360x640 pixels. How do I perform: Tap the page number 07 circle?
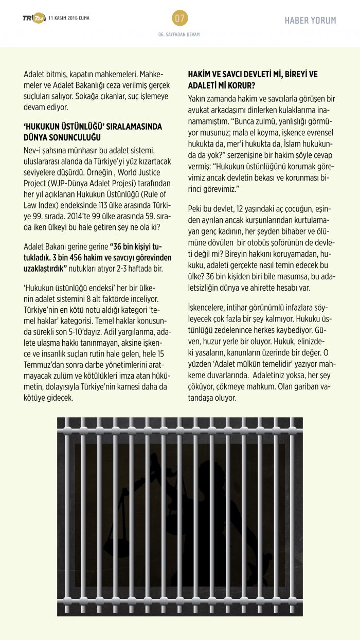179,19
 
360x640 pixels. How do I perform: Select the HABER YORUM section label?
310,21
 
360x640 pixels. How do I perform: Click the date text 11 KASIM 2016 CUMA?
68,19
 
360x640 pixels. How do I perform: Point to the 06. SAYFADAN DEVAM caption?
179,34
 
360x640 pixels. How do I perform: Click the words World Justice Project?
146,173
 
